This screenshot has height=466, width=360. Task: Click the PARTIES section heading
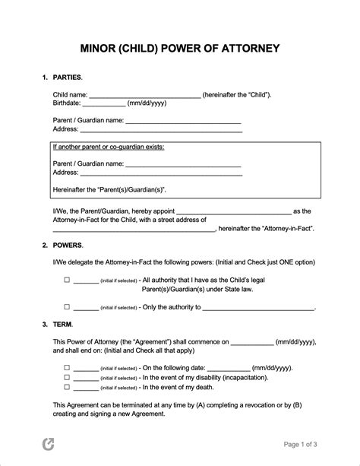[67, 78]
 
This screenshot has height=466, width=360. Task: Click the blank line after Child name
[145, 96]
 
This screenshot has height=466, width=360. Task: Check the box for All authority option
[67, 280]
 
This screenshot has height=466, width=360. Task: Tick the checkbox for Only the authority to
[67, 307]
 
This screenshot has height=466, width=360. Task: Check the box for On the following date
[67, 366]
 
